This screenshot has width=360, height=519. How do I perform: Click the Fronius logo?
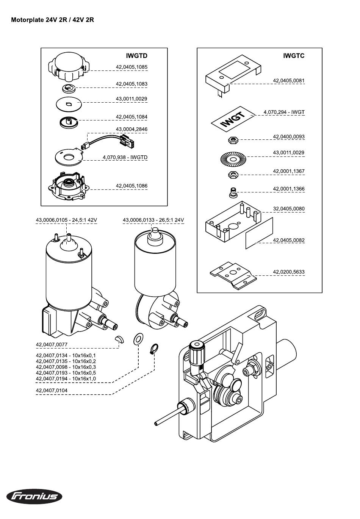pyautogui.click(x=34, y=496)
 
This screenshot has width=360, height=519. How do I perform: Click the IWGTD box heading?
pyautogui.click(x=136, y=56)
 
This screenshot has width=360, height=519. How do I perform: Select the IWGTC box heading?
pyautogui.click(x=293, y=56)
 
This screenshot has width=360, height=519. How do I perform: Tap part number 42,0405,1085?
pyautogui.click(x=131, y=67)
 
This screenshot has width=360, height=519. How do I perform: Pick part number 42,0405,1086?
pyautogui.click(x=131, y=186)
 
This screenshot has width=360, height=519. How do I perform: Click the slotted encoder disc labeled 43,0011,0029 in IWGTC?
pyautogui.click(x=233, y=158)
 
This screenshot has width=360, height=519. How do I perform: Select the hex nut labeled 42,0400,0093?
pyautogui.click(x=233, y=140)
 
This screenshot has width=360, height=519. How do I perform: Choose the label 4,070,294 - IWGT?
pyautogui.click(x=284, y=112)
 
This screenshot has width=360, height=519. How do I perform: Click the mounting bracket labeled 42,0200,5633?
pyautogui.click(x=233, y=275)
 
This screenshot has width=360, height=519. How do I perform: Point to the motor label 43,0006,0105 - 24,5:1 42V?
pyautogui.click(x=66, y=220)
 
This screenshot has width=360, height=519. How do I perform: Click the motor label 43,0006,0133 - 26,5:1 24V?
pyautogui.click(x=153, y=220)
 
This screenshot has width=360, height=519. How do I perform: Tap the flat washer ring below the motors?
pyautogui.click(x=138, y=339)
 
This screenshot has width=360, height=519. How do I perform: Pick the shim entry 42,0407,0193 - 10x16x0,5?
pyautogui.click(x=66, y=373)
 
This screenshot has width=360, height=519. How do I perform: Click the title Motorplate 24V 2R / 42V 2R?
pyautogui.click(x=53, y=20)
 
